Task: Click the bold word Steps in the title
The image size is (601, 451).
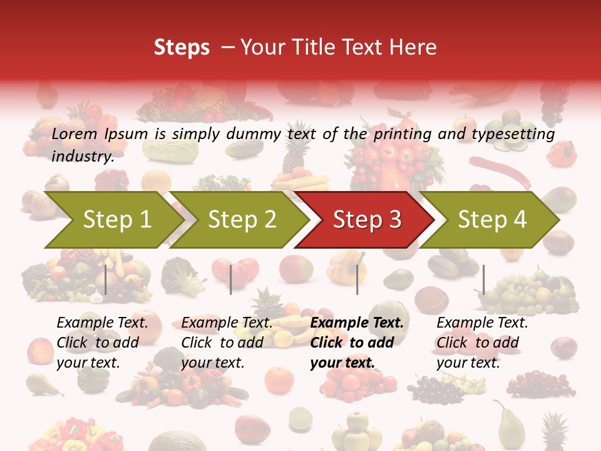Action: [182, 48]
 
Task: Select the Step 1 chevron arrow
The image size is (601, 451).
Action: [113, 219]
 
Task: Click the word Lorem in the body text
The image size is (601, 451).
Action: [74, 134]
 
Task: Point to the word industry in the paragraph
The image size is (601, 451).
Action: [82, 157]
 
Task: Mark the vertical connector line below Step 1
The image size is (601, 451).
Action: [106, 279]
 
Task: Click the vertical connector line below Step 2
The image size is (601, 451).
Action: [231, 279]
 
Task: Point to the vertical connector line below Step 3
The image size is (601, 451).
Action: [357, 279]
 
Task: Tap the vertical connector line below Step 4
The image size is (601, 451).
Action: [483, 279]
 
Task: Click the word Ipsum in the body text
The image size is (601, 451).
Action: [126, 134]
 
